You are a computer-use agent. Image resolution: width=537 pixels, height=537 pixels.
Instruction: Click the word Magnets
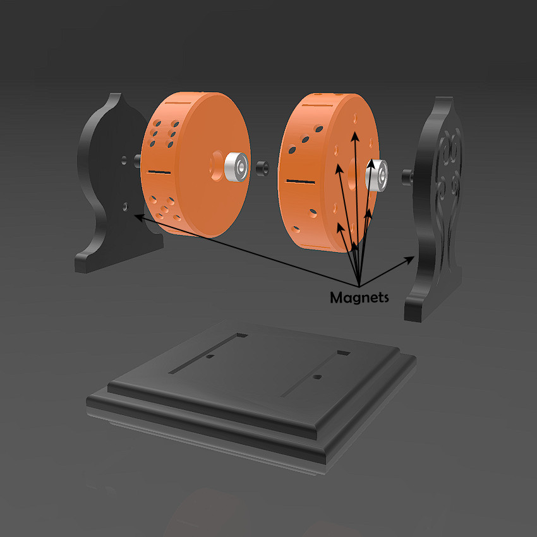click(x=359, y=297)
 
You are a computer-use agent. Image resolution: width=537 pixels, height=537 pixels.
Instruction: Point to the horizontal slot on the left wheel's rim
click(x=160, y=171)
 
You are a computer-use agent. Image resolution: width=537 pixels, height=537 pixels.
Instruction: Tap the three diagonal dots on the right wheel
click(x=305, y=140)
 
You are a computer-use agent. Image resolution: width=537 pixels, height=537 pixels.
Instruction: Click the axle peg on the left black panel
click(x=136, y=158)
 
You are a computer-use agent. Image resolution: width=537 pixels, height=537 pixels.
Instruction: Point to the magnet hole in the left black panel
click(x=125, y=206)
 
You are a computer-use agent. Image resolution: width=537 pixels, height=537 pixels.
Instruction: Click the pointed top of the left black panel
click(x=116, y=96)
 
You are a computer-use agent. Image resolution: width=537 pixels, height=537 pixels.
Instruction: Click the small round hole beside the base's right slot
click(x=318, y=377)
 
